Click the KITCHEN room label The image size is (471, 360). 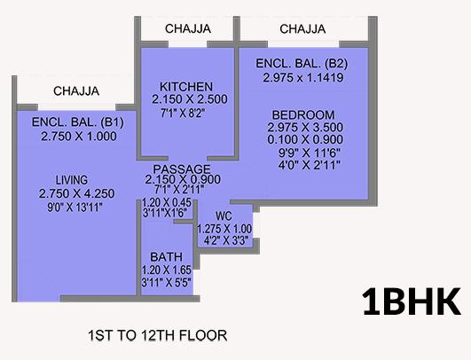tap(186, 87)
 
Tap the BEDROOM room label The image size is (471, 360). tap(303, 115)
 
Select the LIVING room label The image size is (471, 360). tap(72, 180)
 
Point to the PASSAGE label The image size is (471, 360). tap(182, 169)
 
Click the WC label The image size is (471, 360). tap(224, 215)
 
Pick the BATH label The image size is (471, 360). tap(167, 257)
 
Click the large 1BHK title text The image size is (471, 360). tap(412, 301)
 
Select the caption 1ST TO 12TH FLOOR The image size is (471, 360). tap(157, 335)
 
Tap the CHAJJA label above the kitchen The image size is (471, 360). tap(188, 29)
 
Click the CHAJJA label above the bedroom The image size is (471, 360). tap(302, 29)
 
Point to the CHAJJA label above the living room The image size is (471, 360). tap(76, 91)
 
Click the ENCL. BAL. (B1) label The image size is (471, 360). tap(78, 122)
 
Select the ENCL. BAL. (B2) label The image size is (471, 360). tap(302, 64)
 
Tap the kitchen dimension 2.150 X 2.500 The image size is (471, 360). tap(190, 99)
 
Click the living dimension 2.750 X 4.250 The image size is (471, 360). tap(76, 193)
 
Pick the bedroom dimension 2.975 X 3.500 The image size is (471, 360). tap(305, 128)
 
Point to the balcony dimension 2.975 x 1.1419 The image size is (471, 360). tap(303, 78)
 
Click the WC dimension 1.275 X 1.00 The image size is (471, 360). tap(224, 229)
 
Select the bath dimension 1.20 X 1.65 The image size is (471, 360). tap(167, 270)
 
